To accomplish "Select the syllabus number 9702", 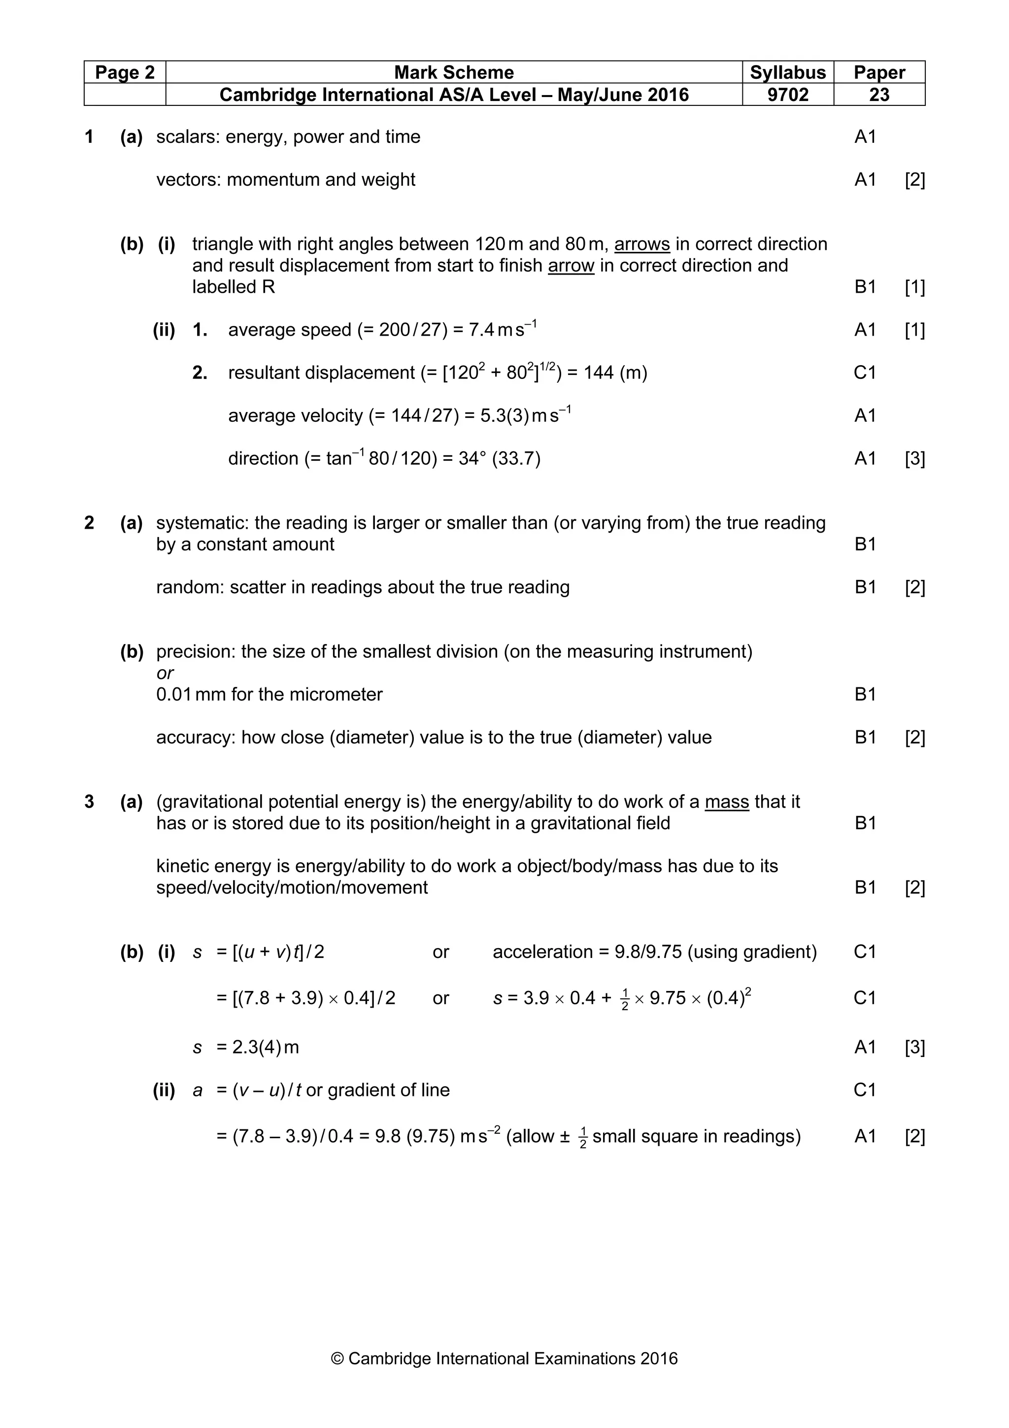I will (x=787, y=95).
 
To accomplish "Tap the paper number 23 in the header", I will (x=878, y=95).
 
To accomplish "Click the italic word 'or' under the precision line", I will (x=165, y=673).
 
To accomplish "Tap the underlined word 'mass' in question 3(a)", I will (x=726, y=802).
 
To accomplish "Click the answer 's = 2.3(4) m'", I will (x=246, y=1048).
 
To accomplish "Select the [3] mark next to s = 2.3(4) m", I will (x=914, y=1048).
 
